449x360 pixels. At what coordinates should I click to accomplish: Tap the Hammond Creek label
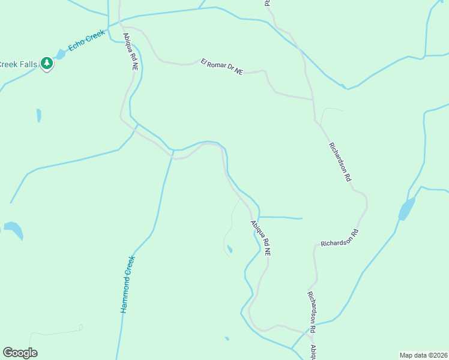[x=127, y=284]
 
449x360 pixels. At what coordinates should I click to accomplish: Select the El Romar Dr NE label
[x=221, y=67]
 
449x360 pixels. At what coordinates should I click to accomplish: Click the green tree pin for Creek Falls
[x=47, y=64]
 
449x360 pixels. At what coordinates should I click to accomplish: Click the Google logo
[x=20, y=353]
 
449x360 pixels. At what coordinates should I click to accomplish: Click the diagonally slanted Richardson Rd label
[x=340, y=162]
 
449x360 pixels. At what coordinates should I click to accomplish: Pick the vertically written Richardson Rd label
[x=312, y=312]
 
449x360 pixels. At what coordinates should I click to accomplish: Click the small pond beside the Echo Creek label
[x=61, y=55]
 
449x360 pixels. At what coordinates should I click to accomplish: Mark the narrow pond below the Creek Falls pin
[x=39, y=115]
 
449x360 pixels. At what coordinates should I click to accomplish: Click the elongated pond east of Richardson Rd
[x=406, y=209]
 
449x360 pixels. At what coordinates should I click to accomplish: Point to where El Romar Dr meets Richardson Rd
[x=312, y=99]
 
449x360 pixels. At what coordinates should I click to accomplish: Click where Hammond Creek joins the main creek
[x=173, y=150]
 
